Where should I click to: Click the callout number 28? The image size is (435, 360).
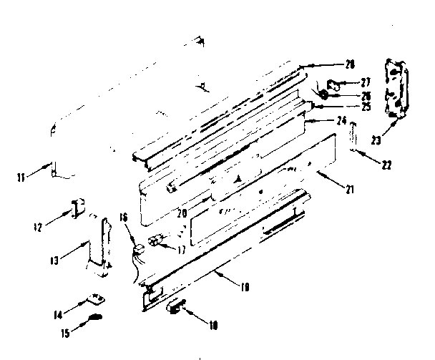[x=350, y=65]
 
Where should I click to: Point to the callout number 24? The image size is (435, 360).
[x=342, y=120]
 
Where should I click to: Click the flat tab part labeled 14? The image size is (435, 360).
[x=95, y=298]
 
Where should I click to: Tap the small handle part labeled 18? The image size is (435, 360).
[x=176, y=308]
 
